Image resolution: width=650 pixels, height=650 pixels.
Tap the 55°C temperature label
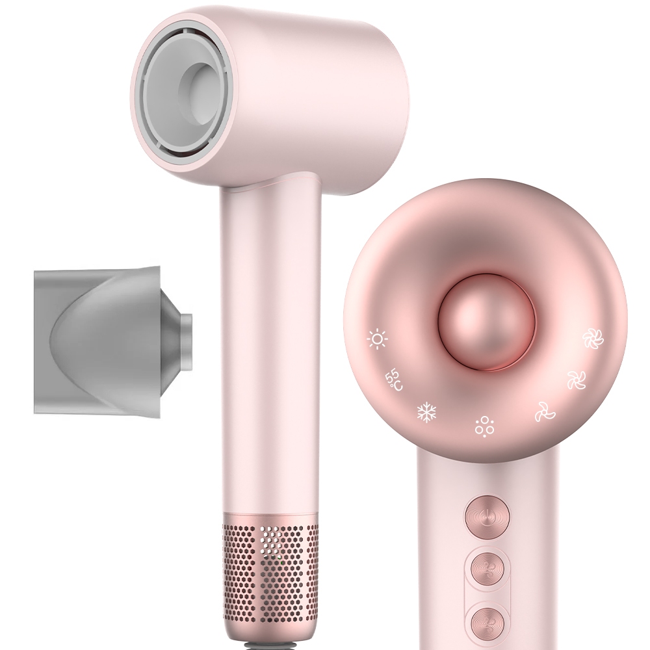[x=393, y=380]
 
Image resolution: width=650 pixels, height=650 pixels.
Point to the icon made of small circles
[x=484, y=426]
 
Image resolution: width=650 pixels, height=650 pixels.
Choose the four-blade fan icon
[x=577, y=380]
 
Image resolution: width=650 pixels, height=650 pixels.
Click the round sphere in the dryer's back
[x=486, y=322]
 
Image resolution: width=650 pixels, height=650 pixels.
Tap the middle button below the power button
[x=487, y=569]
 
